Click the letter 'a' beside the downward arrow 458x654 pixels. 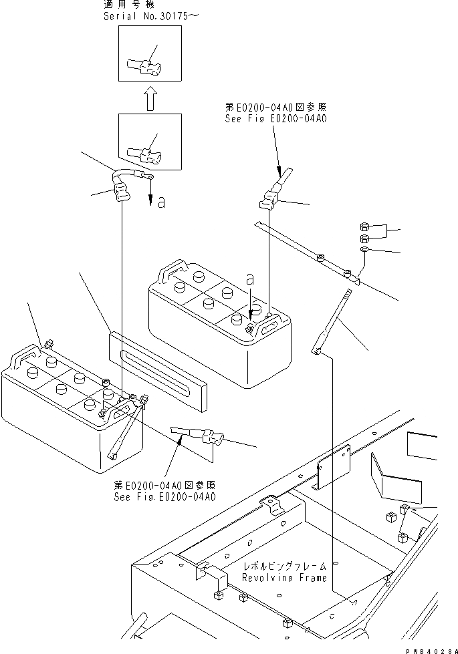point(161,202)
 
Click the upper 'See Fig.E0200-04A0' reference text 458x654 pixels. point(276,119)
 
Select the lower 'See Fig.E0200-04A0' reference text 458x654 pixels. point(164,497)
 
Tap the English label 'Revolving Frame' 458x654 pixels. point(285,577)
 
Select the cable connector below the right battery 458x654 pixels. point(201,438)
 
